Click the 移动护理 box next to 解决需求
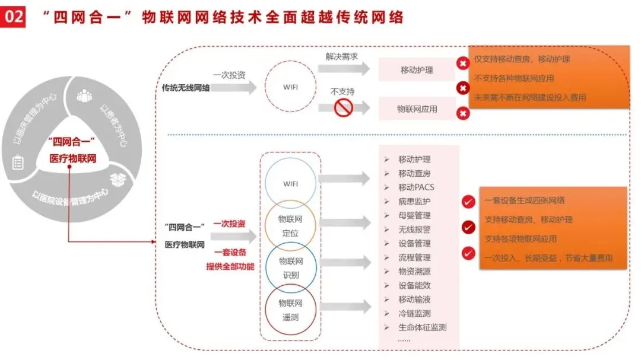[417, 70]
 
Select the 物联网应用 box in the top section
[417, 109]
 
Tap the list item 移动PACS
[416, 187]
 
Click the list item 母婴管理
[414, 215]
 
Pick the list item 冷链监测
[414, 313]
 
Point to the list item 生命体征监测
[422, 327]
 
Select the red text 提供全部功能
[230, 266]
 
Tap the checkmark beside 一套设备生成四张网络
[468, 202]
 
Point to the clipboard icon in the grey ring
[18, 163]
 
